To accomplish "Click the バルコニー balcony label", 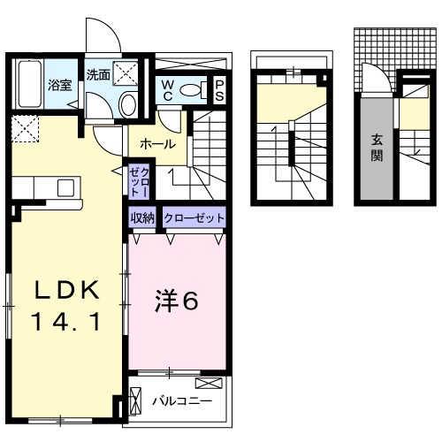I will point(180,401).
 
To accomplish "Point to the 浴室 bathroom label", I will point(59,86).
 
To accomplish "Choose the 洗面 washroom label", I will point(98,76).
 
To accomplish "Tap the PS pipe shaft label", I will point(219,89).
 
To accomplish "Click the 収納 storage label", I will point(144,217).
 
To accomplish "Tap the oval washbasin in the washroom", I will point(128,104).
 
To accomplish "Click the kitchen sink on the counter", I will point(65,187).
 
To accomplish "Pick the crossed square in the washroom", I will point(129,72).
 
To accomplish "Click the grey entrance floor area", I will point(377,146).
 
